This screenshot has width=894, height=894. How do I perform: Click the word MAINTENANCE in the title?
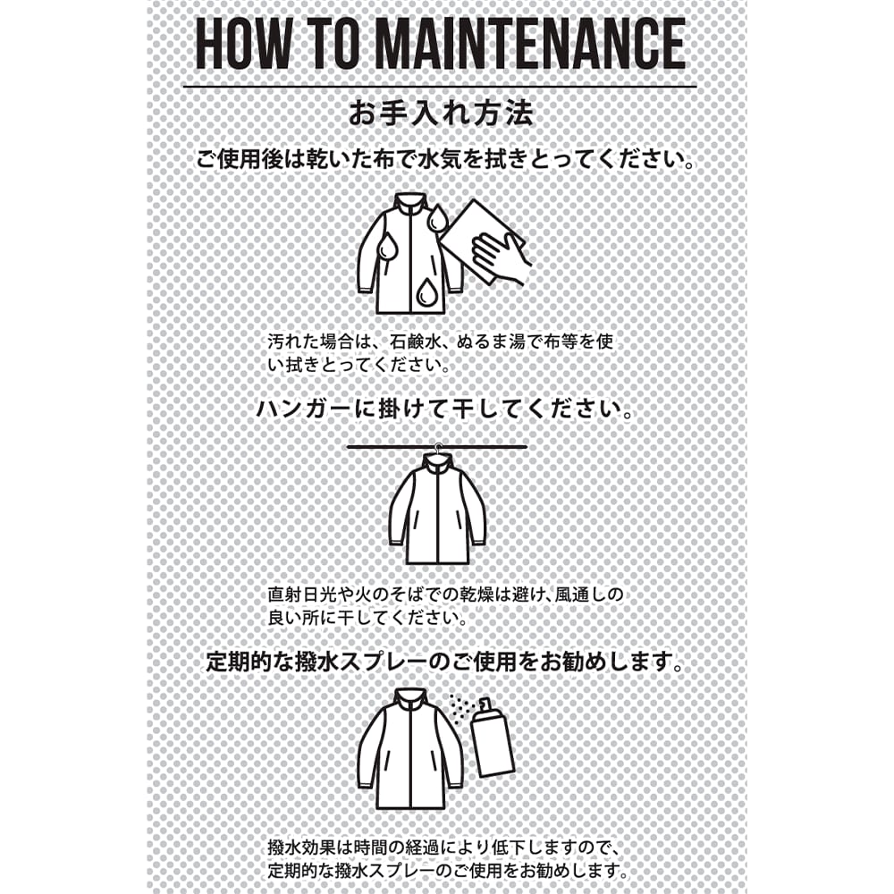(531, 44)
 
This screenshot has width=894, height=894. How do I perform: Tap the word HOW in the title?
(243, 44)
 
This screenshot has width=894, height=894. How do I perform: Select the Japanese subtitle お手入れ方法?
(441, 114)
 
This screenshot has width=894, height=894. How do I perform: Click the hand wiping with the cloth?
(501, 255)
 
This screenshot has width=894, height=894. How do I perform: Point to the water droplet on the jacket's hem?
(426, 293)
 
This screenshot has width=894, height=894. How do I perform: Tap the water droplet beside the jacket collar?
(437, 217)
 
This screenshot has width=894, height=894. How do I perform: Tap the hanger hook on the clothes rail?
(437, 449)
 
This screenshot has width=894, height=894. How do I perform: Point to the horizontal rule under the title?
(440, 87)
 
